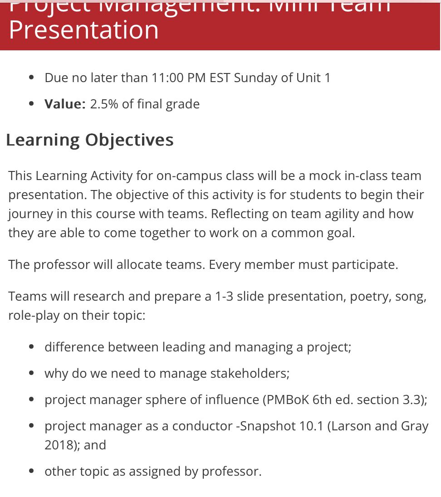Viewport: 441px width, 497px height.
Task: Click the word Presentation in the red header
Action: [x=83, y=29]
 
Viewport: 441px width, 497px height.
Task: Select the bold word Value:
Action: [x=65, y=104]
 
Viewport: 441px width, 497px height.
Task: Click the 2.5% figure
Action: [x=104, y=104]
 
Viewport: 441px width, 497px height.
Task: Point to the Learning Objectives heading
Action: [x=89, y=140]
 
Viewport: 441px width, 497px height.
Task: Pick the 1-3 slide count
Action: [x=224, y=296]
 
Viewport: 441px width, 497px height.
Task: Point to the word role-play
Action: [x=34, y=315]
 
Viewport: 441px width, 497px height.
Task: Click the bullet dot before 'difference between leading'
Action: [x=31, y=347]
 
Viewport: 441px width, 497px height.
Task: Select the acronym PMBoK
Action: [x=287, y=400]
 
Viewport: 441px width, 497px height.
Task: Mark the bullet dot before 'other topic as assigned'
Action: [x=31, y=471]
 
